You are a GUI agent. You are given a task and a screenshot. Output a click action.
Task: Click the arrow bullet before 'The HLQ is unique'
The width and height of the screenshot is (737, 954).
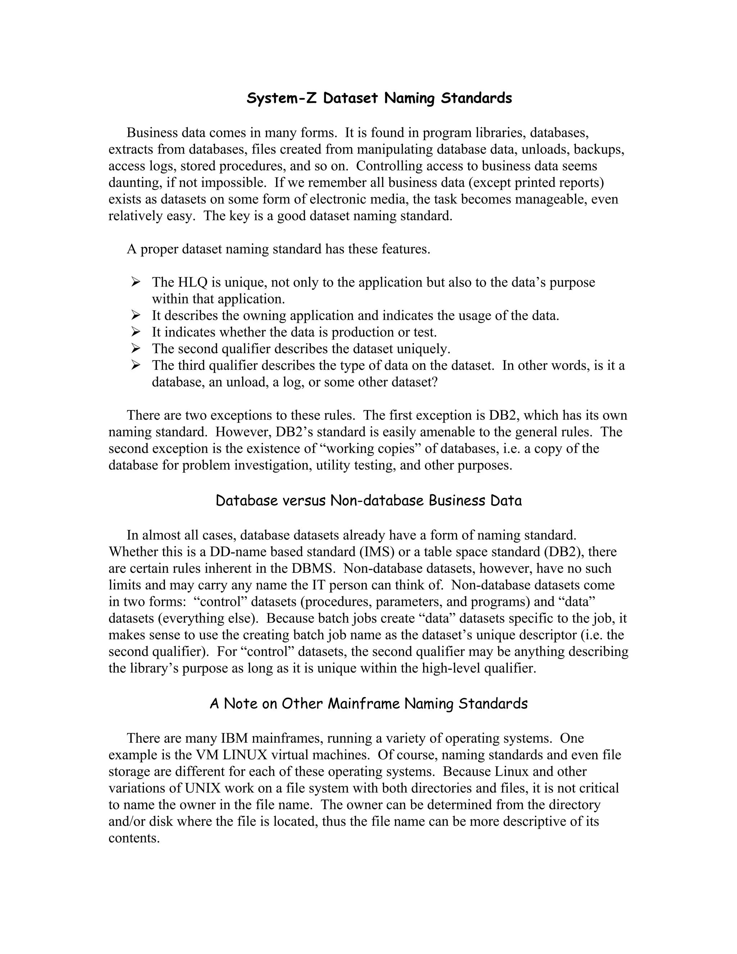pyautogui.click(x=136, y=282)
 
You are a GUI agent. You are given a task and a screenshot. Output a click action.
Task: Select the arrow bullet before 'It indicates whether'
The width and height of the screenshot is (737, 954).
pyautogui.click(x=136, y=332)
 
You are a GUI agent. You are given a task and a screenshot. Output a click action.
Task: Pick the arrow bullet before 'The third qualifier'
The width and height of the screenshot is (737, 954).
pyautogui.click(x=136, y=365)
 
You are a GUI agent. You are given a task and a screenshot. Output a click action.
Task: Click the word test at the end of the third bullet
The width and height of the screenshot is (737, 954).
pyautogui.click(x=424, y=332)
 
